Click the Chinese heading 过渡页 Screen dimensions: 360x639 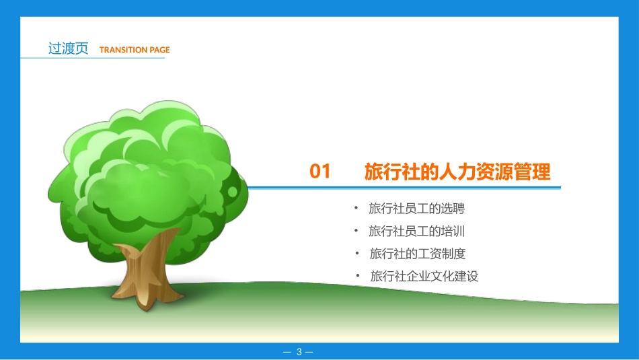pos(68,48)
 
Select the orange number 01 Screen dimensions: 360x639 pos(320,172)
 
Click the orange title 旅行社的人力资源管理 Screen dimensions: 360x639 pos(457,172)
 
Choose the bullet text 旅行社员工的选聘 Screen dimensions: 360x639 pos(416,209)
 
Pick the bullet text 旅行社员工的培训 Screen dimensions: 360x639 pos(416,231)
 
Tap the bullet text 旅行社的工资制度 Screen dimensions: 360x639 pos(417,254)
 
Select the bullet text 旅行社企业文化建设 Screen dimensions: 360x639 pos(424,276)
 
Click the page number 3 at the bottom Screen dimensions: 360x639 pos(299,351)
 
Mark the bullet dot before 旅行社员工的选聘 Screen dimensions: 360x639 pos(356,208)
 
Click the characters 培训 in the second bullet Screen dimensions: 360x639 pos(453,231)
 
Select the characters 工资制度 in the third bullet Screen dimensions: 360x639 pos(441,254)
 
